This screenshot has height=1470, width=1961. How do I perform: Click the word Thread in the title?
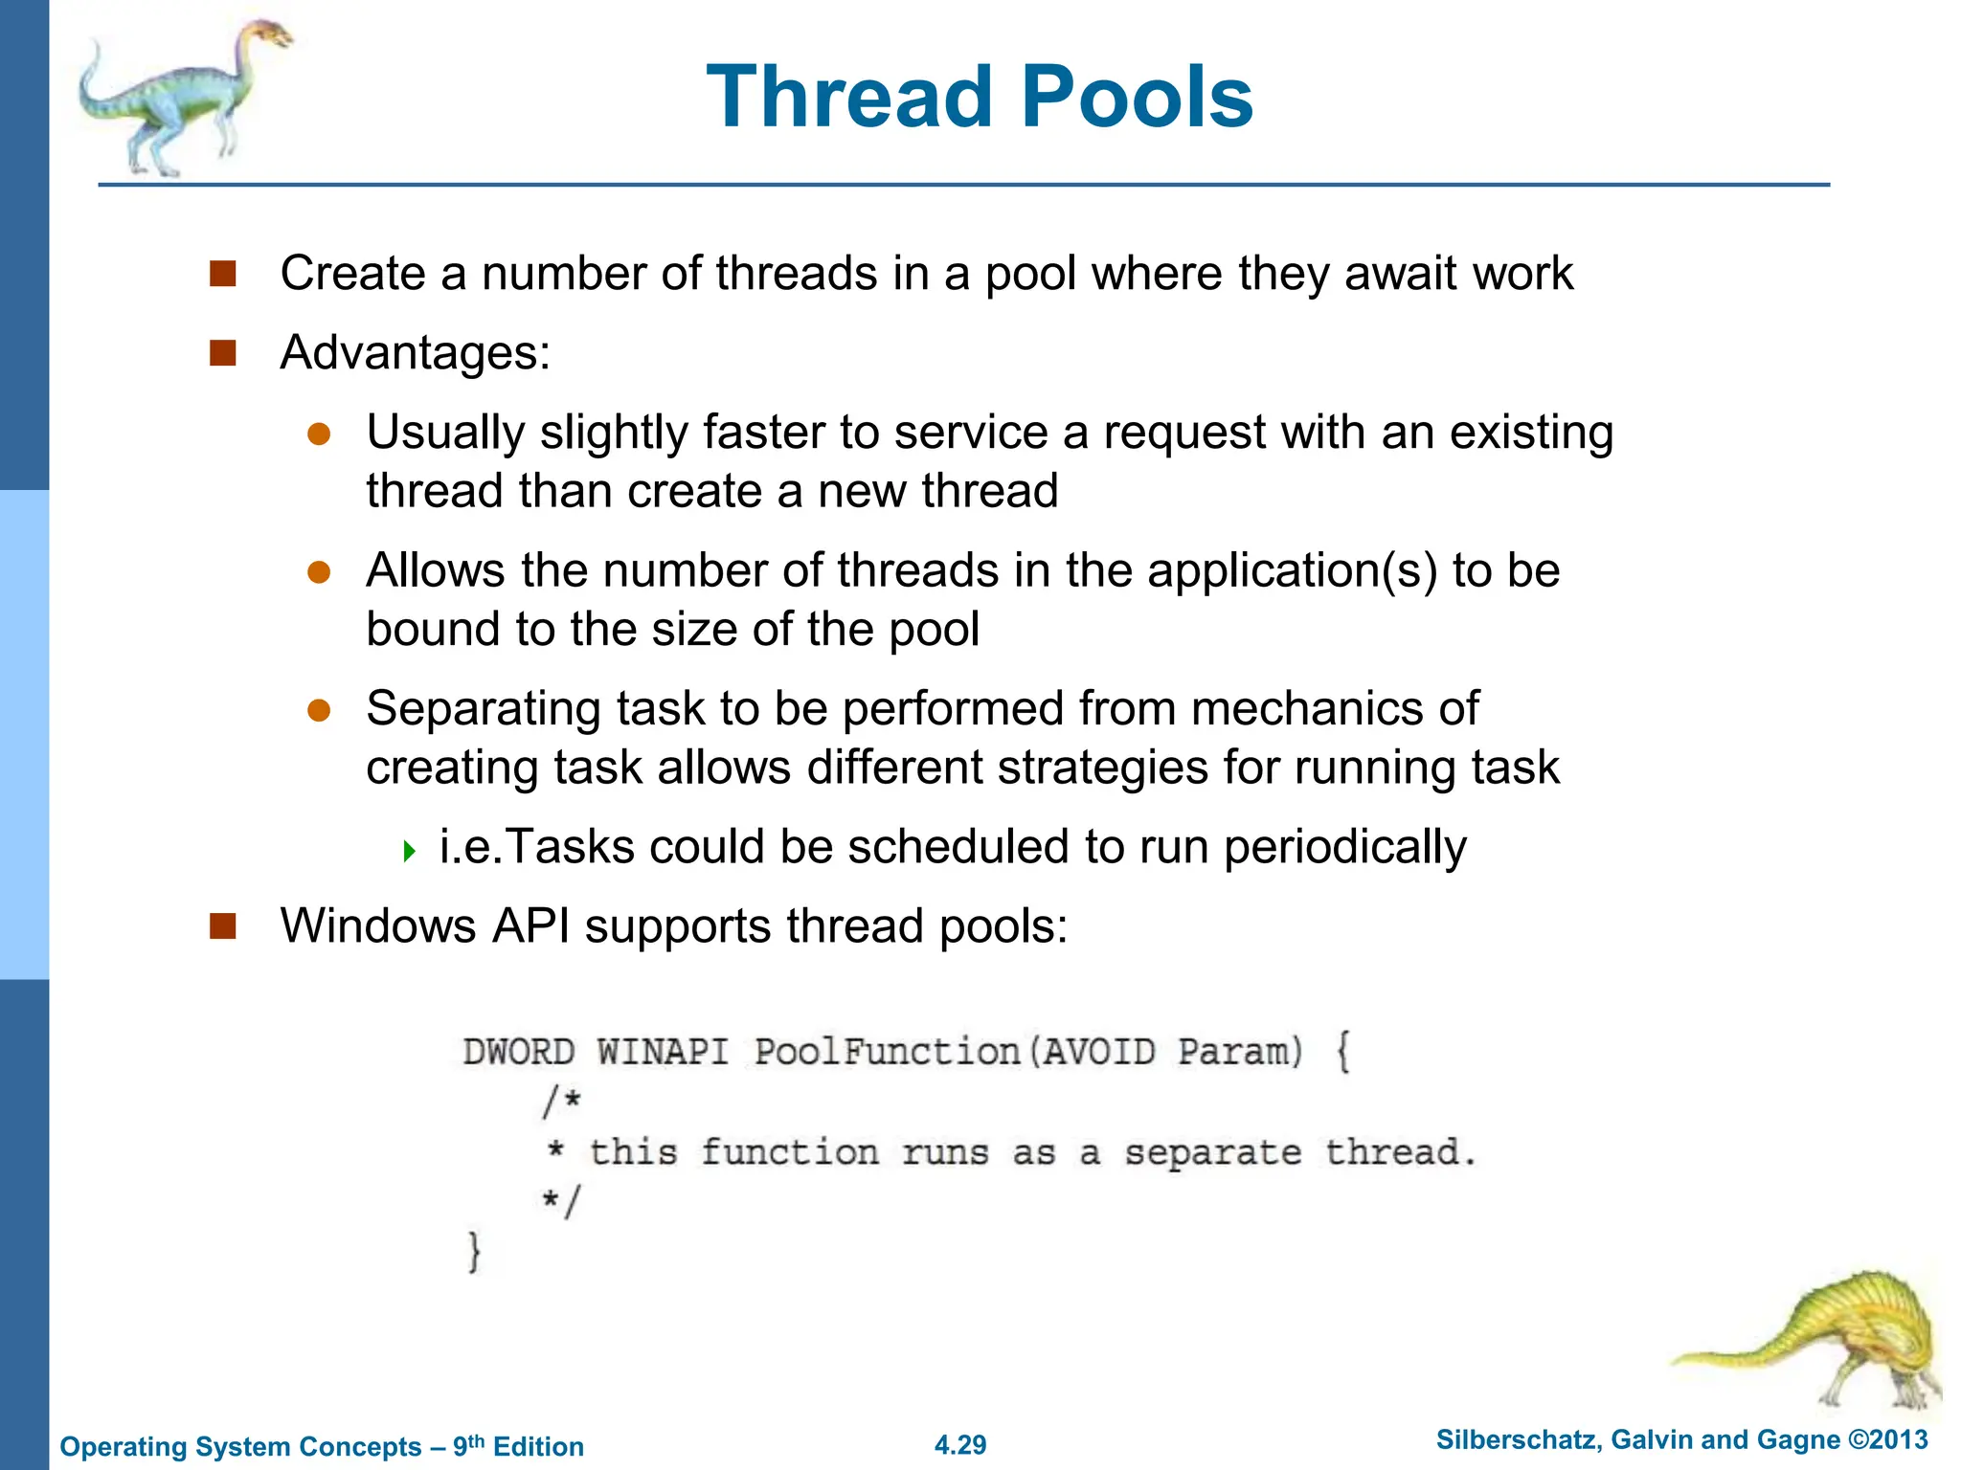(848, 97)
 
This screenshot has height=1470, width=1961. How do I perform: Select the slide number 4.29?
(960, 1444)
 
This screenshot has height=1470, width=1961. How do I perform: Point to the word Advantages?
(415, 352)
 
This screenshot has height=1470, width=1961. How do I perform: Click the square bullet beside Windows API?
(223, 925)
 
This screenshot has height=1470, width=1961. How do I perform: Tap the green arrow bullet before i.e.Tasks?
(410, 850)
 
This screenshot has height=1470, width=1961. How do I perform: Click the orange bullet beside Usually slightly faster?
(319, 434)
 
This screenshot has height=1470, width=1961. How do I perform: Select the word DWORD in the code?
(519, 1052)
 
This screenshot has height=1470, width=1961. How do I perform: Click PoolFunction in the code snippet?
(887, 1052)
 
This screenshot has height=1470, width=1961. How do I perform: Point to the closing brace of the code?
(474, 1252)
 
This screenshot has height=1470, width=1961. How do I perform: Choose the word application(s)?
(1292, 571)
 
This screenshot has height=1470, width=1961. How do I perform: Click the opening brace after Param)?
(1342, 1052)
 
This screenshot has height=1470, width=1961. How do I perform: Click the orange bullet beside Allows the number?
(319, 572)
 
